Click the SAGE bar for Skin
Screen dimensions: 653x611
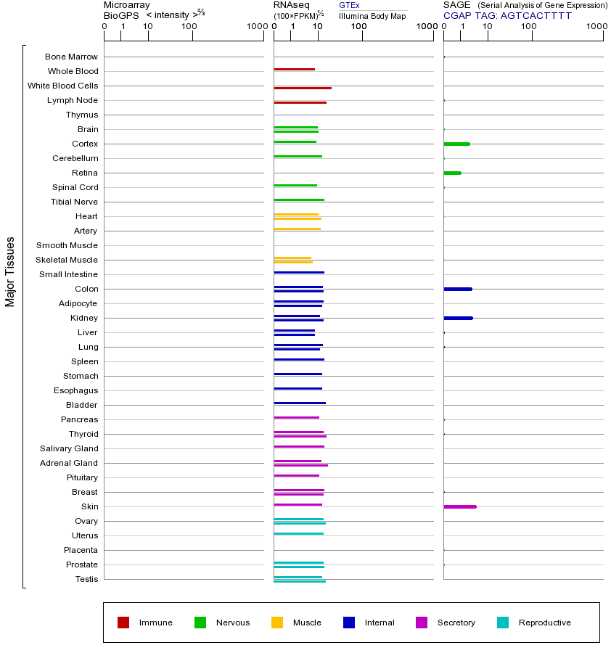click(460, 506)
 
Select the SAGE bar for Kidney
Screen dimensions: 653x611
click(458, 318)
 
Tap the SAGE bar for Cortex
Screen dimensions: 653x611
click(456, 144)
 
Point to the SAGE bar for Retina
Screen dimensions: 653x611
click(452, 173)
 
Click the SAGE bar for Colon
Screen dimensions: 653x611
click(458, 289)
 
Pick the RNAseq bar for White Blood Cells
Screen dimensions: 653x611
click(303, 88)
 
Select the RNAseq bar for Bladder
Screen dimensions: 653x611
click(300, 403)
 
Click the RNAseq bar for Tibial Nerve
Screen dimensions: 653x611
click(299, 200)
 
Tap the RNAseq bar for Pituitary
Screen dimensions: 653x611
click(297, 475)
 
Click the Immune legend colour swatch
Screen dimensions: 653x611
click(123, 623)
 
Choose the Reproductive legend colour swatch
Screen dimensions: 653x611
click(503, 623)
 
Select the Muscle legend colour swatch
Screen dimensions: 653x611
click(277, 623)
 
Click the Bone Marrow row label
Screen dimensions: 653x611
click(71, 57)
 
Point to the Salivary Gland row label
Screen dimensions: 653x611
click(69, 448)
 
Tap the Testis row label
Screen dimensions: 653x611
click(86, 579)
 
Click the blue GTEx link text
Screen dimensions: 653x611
click(349, 6)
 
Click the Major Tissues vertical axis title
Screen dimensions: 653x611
click(10, 271)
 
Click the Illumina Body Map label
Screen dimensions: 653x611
click(372, 16)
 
